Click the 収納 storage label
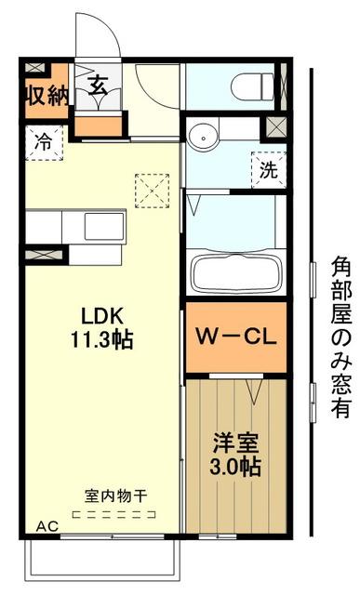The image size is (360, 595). tap(46, 96)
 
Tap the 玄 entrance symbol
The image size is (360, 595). tap(96, 86)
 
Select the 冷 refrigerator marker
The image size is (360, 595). tap(43, 142)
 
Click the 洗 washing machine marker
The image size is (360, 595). tap(267, 170)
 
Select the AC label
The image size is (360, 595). tap(47, 527)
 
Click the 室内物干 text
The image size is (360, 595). tap(104, 496)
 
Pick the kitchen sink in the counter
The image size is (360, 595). tap(100, 225)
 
